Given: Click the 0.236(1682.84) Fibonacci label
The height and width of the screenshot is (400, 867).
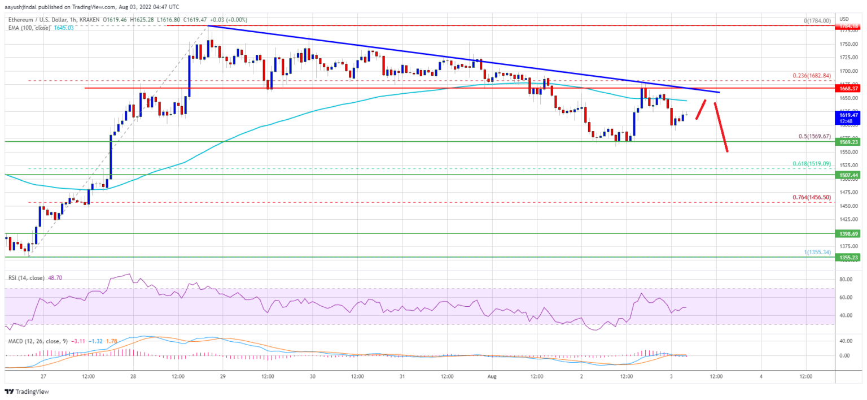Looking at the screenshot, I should pos(812,76).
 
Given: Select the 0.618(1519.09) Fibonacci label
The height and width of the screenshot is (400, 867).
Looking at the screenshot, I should pos(812,163).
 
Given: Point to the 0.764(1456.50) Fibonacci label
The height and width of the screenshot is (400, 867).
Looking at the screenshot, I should pos(812,197).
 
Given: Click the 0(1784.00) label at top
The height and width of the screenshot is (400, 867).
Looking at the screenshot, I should pos(817,21).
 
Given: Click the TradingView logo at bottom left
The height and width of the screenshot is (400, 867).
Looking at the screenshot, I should pos(28,392).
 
